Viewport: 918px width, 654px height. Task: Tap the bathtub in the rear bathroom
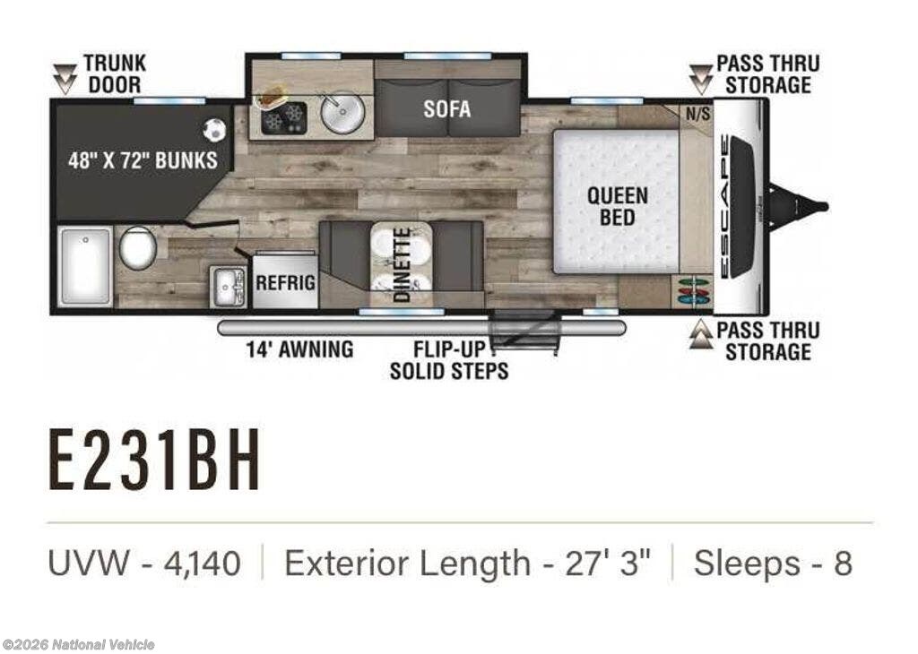85,265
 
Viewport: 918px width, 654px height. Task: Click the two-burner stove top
283,117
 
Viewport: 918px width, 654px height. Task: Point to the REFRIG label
285,283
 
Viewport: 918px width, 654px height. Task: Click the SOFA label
446,108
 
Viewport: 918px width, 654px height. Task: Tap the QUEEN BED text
618,206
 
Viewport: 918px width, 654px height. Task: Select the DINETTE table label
403,264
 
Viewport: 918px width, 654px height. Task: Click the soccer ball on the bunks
213,129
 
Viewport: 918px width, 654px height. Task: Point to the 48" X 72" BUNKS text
143,160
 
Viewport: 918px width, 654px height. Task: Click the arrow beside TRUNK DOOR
65,80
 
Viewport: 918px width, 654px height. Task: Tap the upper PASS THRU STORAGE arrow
700,80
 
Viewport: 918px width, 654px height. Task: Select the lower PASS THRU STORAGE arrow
700,334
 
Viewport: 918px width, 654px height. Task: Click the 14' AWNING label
299,349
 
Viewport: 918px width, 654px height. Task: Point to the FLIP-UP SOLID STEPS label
449,360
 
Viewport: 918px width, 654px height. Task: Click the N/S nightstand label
697,114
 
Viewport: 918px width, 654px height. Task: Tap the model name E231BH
154,460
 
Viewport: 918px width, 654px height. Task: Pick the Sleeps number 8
843,564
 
